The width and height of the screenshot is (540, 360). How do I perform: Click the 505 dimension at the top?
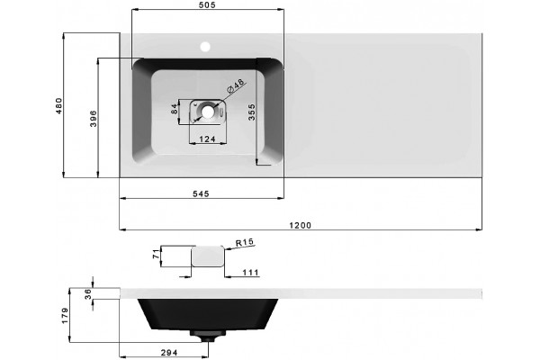point(208,4)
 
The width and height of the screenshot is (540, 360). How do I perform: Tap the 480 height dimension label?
point(59,106)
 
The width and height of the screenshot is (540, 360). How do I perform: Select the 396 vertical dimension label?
point(94,119)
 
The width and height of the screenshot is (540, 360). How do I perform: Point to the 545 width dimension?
point(201,194)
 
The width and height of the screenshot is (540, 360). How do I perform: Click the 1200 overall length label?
point(300,225)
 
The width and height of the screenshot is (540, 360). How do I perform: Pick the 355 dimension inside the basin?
point(252,112)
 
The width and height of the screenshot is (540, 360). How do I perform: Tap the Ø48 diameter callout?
point(236,85)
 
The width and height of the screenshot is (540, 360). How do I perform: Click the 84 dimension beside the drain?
point(175,109)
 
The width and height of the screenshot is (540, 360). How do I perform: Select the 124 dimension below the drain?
point(208,139)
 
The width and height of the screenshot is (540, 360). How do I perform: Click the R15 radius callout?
point(245,242)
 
